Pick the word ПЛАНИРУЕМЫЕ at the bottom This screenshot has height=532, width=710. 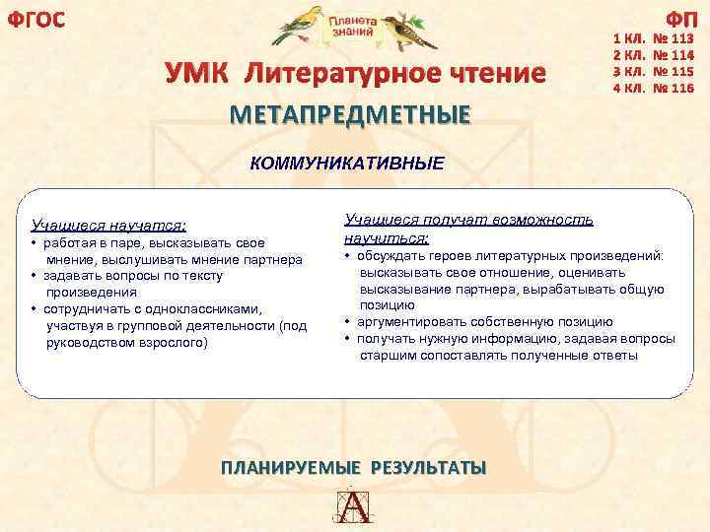click(x=292, y=467)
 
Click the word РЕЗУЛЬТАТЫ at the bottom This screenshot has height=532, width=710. click(x=428, y=467)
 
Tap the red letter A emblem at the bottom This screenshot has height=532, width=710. click(x=354, y=506)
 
